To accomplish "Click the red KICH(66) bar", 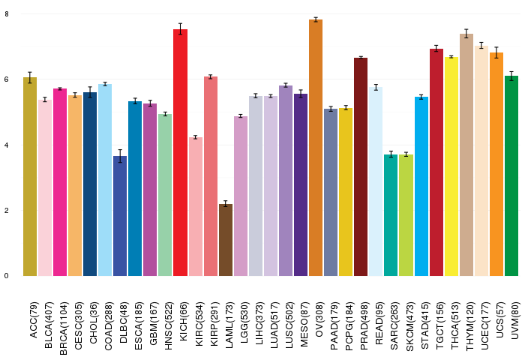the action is (180, 153).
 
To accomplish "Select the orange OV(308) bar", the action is (316, 148).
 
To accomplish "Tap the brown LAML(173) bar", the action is (226, 240).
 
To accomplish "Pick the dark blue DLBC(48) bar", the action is (120, 216).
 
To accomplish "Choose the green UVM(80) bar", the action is (511, 175).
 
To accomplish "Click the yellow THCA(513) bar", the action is (451, 166).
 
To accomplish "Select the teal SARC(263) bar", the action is (391, 215).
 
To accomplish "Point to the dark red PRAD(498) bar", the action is (361, 166).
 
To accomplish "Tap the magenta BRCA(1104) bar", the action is (60, 182).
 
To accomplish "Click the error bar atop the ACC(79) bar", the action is (30, 77).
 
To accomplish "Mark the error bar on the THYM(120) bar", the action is (466, 34).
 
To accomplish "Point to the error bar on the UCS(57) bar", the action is (496, 52).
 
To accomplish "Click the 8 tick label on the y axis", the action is (7, 14).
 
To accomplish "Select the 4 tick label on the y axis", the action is (7, 145).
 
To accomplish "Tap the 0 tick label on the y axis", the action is (7, 276).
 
